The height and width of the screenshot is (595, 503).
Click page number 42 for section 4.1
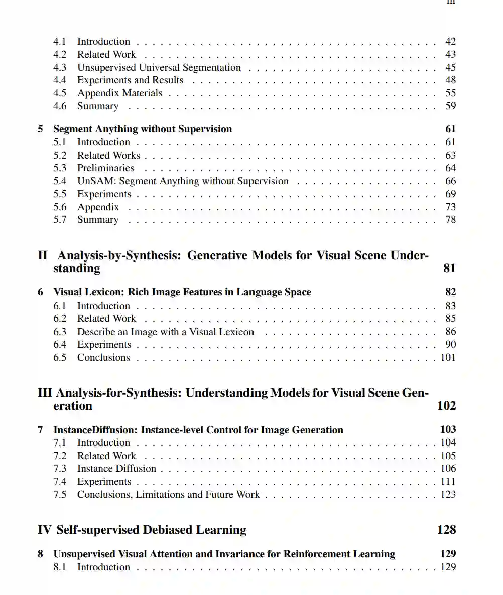coord(450,42)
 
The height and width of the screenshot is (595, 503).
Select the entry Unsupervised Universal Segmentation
coord(159,68)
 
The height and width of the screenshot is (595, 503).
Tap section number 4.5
coord(60,93)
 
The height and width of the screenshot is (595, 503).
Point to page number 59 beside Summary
coord(450,106)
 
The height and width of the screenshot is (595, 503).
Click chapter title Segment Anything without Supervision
coord(143,129)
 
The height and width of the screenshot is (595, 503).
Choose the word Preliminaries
coord(105,168)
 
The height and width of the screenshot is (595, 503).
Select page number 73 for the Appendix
coord(450,207)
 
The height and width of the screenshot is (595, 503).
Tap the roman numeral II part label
coord(43,255)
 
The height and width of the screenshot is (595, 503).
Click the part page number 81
coord(449,268)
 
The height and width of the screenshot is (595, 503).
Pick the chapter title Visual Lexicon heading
coord(182,292)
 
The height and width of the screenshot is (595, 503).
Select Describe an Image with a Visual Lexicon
coord(165,332)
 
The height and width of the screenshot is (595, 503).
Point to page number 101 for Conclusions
coord(448,358)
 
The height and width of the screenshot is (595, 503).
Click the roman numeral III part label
coord(45,393)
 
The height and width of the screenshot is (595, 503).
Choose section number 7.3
coord(60,469)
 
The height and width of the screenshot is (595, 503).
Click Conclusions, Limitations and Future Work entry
coord(168,495)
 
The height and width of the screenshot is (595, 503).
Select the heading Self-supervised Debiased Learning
coord(151,530)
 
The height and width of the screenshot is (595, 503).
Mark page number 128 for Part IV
coord(446,530)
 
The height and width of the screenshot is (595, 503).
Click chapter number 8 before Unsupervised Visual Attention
coord(41,554)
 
